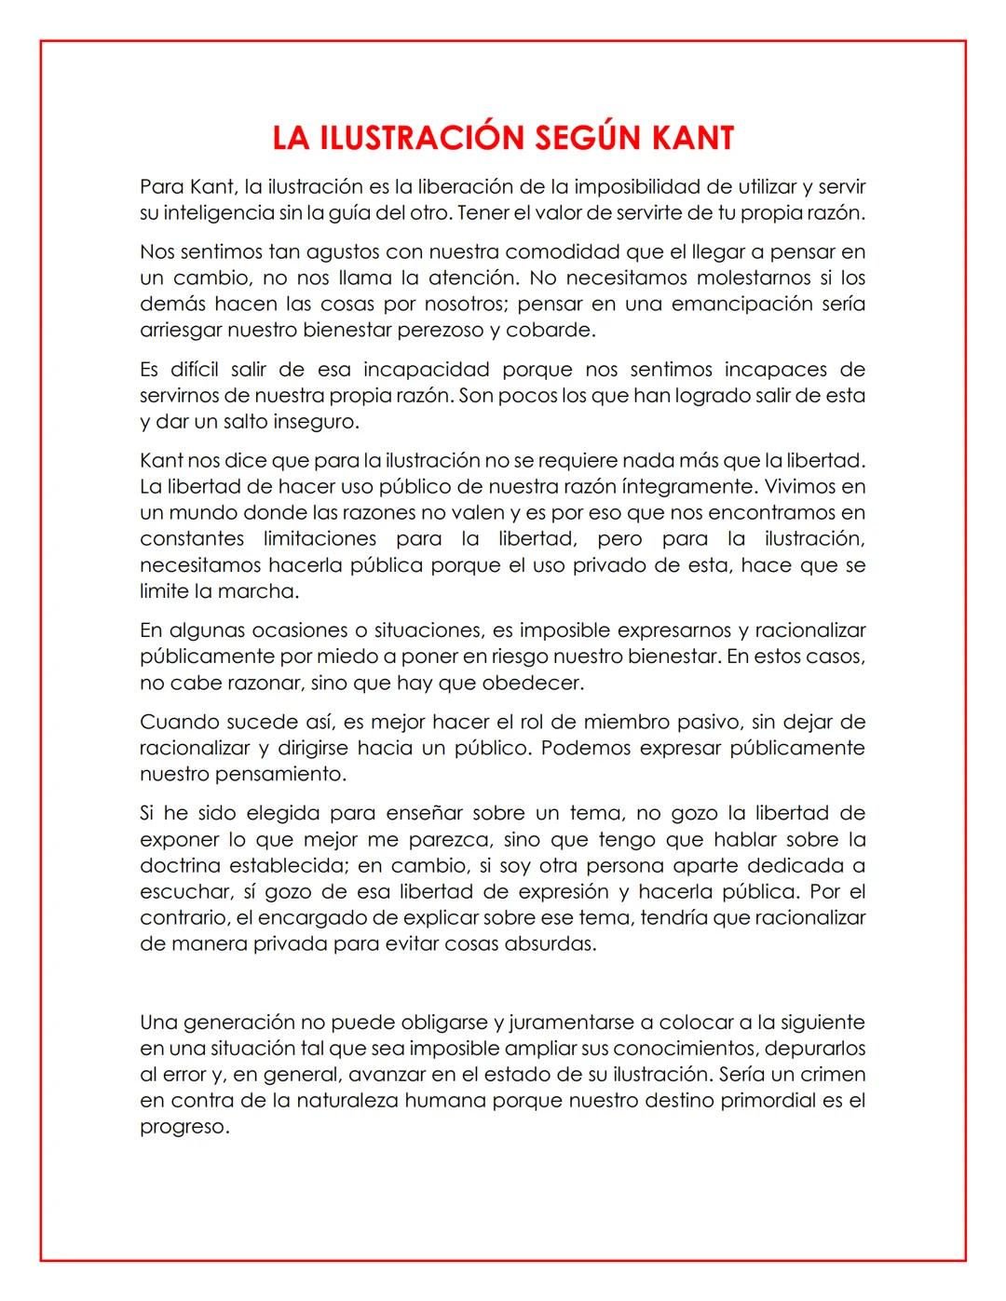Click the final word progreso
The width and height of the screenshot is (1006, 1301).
point(184,1126)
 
